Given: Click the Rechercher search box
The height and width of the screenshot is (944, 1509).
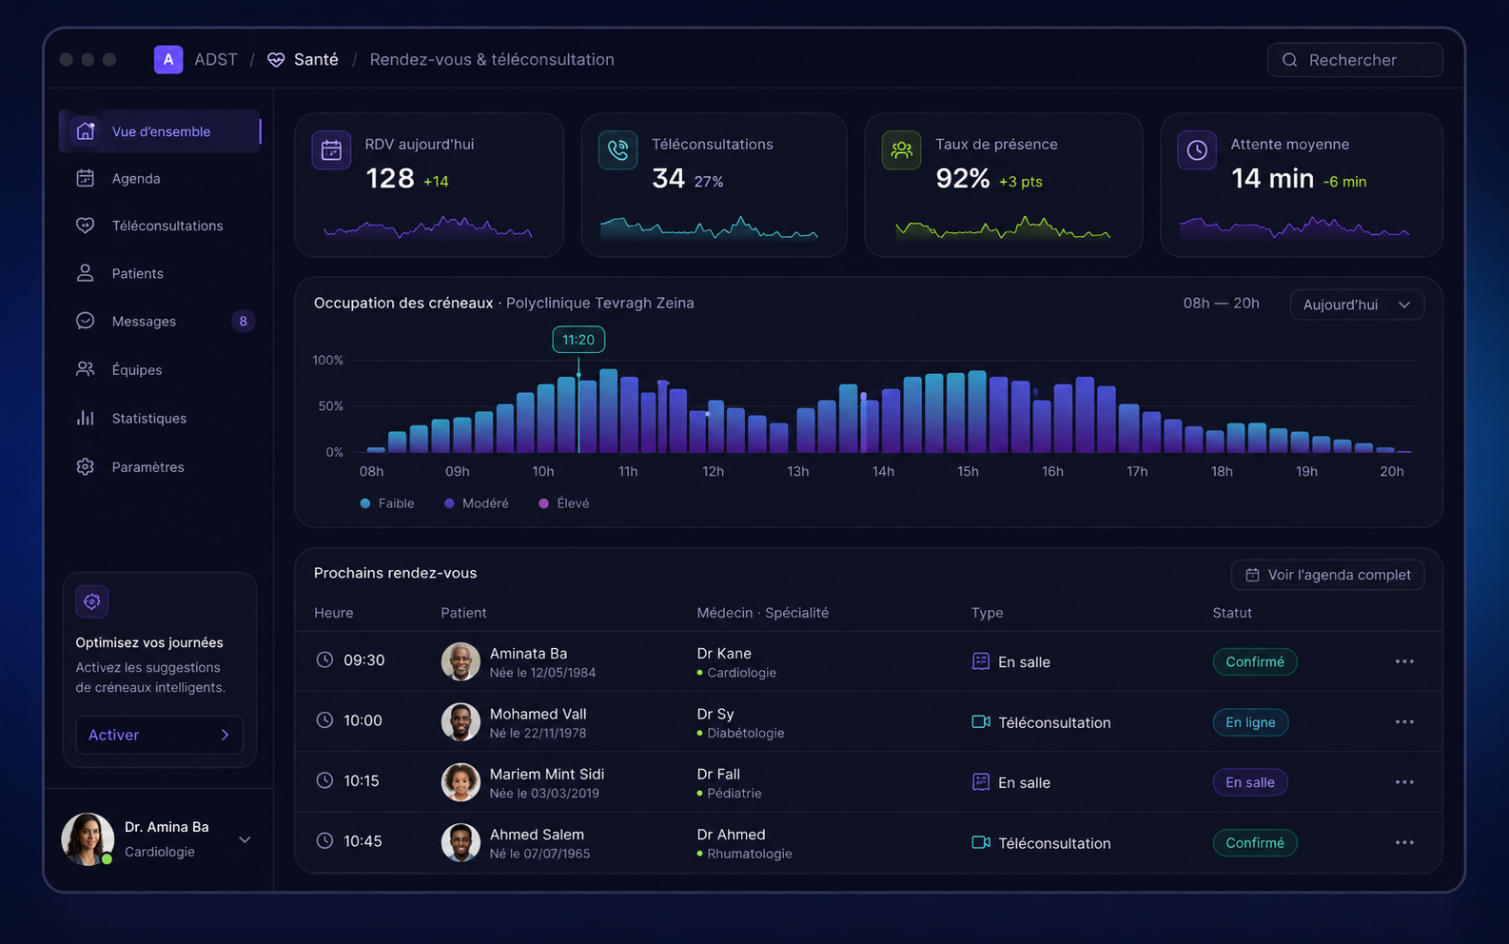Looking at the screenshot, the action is [x=1355, y=60].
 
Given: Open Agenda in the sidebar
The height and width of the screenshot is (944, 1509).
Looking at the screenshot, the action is [x=135, y=179].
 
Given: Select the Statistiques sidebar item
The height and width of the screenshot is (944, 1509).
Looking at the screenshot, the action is [x=148, y=419].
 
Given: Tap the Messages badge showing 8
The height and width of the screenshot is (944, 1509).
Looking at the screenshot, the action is [x=244, y=322].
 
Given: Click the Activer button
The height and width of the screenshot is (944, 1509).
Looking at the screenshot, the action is [x=159, y=735].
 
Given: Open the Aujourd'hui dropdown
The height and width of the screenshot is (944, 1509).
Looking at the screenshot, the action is [x=1357, y=305].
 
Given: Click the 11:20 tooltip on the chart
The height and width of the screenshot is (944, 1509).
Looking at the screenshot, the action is [x=578, y=340].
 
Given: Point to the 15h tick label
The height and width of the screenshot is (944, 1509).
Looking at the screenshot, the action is [x=968, y=472].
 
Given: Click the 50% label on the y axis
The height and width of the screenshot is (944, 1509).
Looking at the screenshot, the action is [x=330, y=406].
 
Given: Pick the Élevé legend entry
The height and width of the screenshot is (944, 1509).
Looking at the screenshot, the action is [x=564, y=503].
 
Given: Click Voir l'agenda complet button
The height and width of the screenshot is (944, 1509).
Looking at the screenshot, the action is [x=1327, y=575].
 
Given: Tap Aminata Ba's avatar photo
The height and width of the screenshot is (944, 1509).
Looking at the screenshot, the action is [x=461, y=661].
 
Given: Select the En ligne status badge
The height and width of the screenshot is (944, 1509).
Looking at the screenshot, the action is [x=1250, y=722].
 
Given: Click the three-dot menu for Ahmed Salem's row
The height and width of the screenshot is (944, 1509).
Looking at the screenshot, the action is [x=1404, y=842].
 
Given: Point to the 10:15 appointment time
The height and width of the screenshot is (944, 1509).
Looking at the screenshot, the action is [x=362, y=781].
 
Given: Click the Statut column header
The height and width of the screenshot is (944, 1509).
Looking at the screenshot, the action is [x=1232, y=613].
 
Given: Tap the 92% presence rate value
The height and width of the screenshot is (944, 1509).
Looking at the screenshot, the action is [x=963, y=179].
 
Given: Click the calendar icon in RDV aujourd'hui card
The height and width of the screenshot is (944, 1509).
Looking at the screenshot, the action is [x=331, y=150].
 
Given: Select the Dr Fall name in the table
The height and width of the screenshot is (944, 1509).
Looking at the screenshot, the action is [x=718, y=775].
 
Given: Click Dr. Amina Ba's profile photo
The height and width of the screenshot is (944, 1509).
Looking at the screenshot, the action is [x=88, y=839].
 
